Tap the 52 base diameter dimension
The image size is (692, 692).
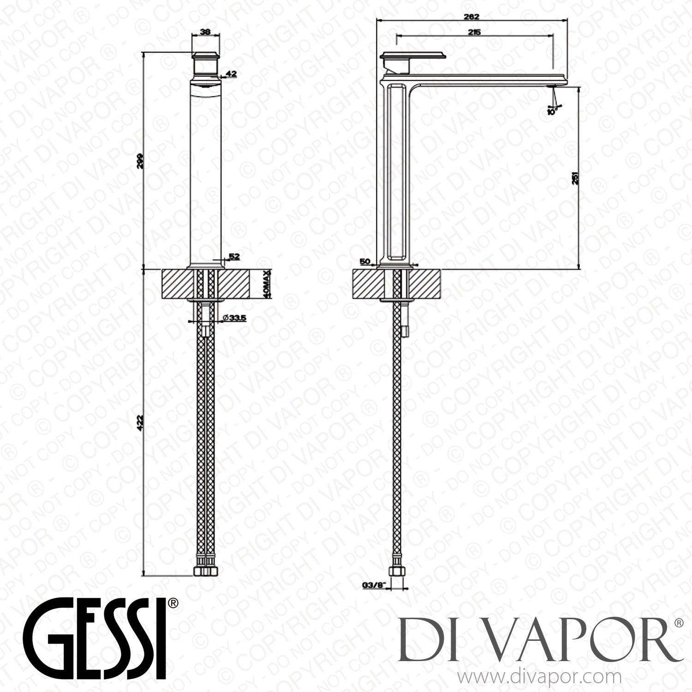pos(234,257)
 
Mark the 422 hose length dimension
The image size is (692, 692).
pos(141,423)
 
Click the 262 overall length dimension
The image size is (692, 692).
pos(471,17)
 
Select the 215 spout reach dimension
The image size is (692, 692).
pos(474,32)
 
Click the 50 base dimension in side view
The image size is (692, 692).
pos(365,262)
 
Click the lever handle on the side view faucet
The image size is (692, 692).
pos(413,56)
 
